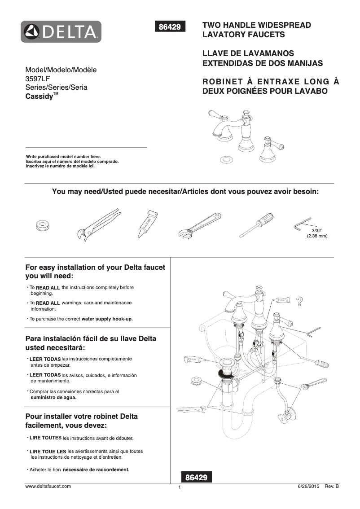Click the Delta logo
[61, 32]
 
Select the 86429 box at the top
[170, 27]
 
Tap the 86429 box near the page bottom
[196, 478]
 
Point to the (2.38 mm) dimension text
[317, 236]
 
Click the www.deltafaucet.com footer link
[48, 486]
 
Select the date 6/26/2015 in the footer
[308, 486]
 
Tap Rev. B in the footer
[332, 486]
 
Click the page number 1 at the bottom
[179, 488]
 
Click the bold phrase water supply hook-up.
[107, 319]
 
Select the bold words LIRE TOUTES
[45, 438]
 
